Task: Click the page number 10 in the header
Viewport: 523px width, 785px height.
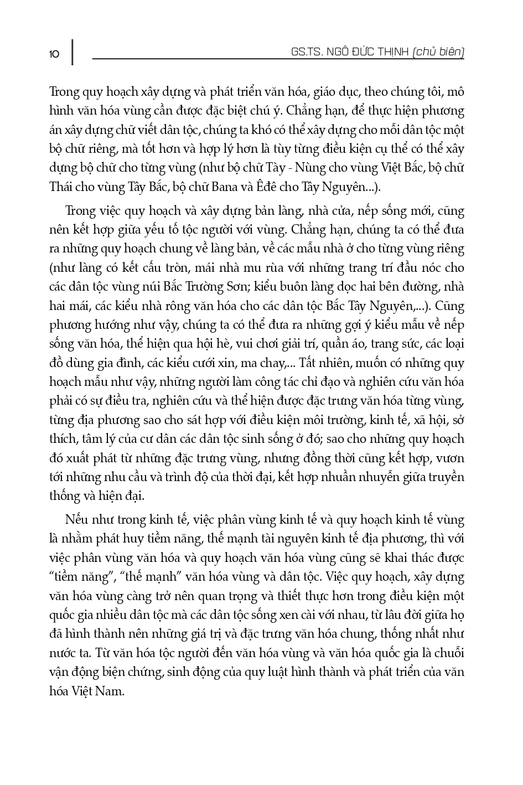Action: point(54,54)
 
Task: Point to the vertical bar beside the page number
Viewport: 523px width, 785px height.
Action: point(72,53)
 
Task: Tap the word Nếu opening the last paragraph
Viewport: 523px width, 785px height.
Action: point(76,520)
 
